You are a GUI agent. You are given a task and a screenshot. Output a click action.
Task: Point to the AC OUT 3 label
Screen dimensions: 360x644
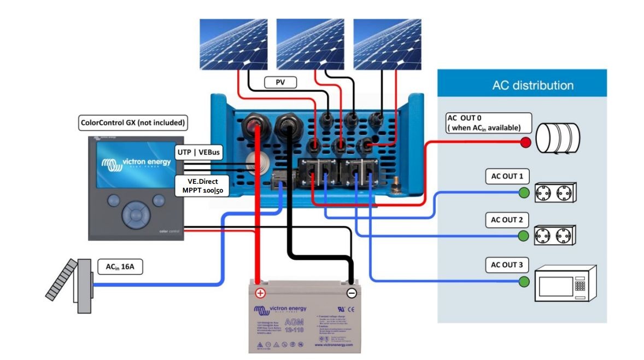click(506, 265)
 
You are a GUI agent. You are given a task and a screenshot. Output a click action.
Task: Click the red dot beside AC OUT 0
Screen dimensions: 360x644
click(526, 143)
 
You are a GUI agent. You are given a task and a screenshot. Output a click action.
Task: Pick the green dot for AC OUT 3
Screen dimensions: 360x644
click(524, 282)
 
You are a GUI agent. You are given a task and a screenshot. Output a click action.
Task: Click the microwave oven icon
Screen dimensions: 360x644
click(564, 284)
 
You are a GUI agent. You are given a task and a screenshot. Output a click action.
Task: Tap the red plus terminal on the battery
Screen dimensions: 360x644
click(260, 293)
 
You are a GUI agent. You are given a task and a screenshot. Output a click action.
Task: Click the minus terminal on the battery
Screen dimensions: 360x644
click(352, 293)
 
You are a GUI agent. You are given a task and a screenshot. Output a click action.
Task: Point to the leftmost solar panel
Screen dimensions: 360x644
click(233, 44)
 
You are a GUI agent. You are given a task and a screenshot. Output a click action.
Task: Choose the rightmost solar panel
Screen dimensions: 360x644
click(388, 44)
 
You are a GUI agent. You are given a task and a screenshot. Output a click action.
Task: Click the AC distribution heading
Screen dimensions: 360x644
click(532, 85)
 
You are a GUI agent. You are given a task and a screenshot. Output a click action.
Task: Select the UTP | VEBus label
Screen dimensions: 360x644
click(199, 152)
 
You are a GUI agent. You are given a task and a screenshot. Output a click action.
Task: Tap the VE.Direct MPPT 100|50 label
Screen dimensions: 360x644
click(201, 185)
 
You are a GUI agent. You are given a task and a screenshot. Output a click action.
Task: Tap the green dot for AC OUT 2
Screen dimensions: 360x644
click(524, 236)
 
